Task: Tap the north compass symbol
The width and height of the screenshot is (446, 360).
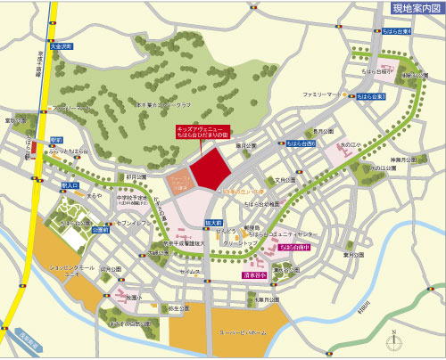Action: click(392, 339)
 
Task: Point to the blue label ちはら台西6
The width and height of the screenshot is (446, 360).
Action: click(301, 143)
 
